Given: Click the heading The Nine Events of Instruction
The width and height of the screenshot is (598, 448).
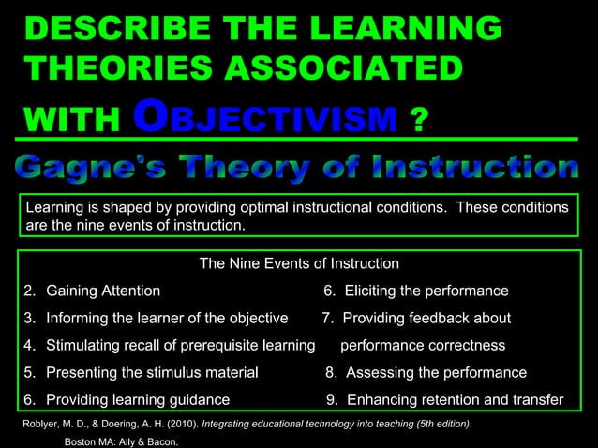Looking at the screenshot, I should pyautogui.click(x=299, y=264).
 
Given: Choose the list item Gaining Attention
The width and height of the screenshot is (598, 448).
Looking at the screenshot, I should pyautogui.click(x=103, y=291).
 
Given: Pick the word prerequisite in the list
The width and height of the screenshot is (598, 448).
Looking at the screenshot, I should pyautogui.click(x=222, y=346).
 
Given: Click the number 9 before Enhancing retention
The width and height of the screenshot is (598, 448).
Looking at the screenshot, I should pyautogui.click(x=330, y=400).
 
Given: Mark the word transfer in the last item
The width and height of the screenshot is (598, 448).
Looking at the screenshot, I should pyautogui.click(x=536, y=400).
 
